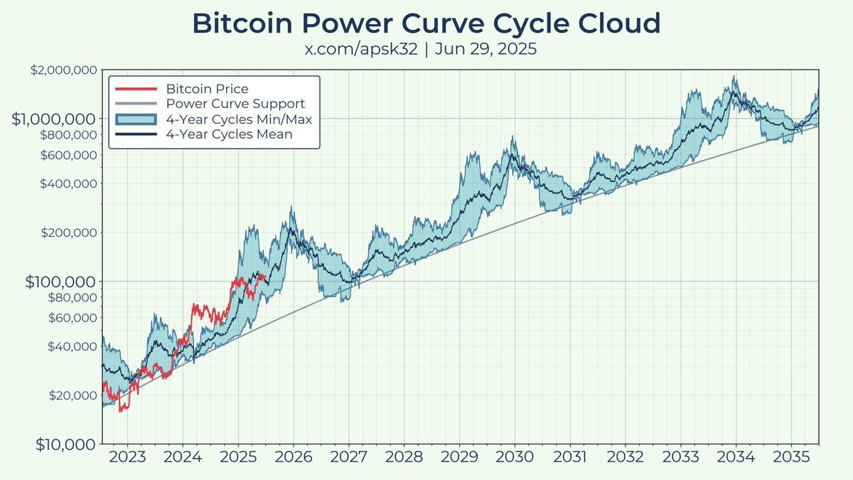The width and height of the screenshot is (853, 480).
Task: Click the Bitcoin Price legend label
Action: pyautogui.click(x=207, y=89)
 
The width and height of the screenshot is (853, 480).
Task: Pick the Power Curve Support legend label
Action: pyautogui.click(x=235, y=104)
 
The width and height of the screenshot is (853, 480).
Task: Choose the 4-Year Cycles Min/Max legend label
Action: pyautogui.click(x=239, y=119)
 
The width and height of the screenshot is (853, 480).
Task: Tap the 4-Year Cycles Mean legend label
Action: pyautogui.click(x=229, y=134)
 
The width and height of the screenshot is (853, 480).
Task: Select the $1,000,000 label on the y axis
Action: pyautogui.click(x=54, y=118)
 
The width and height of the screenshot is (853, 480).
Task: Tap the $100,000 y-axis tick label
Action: pyautogui.click(x=60, y=282)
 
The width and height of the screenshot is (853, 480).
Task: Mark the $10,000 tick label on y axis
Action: pyautogui.click(x=65, y=444)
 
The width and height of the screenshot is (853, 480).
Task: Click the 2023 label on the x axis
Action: pyautogui.click(x=128, y=457)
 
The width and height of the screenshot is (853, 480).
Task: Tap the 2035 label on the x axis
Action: pyautogui.click(x=791, y=457)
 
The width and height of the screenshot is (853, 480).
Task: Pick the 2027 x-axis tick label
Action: pyautogui.click(x=349, y=457)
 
